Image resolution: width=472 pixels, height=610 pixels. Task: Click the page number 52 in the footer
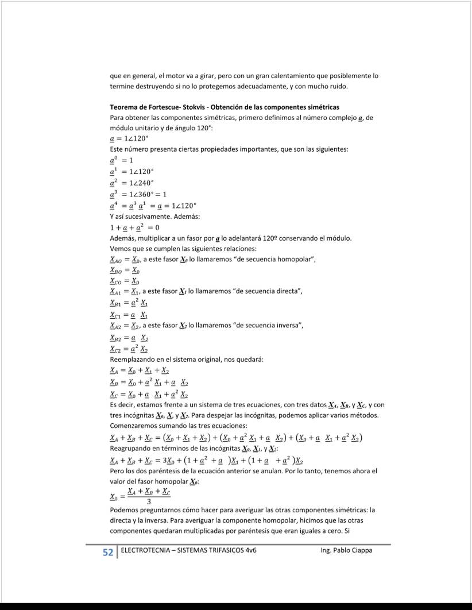point(107,553)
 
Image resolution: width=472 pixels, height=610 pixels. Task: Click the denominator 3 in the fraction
point(148,501)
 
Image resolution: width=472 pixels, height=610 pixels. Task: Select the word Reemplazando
point(131,360)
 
